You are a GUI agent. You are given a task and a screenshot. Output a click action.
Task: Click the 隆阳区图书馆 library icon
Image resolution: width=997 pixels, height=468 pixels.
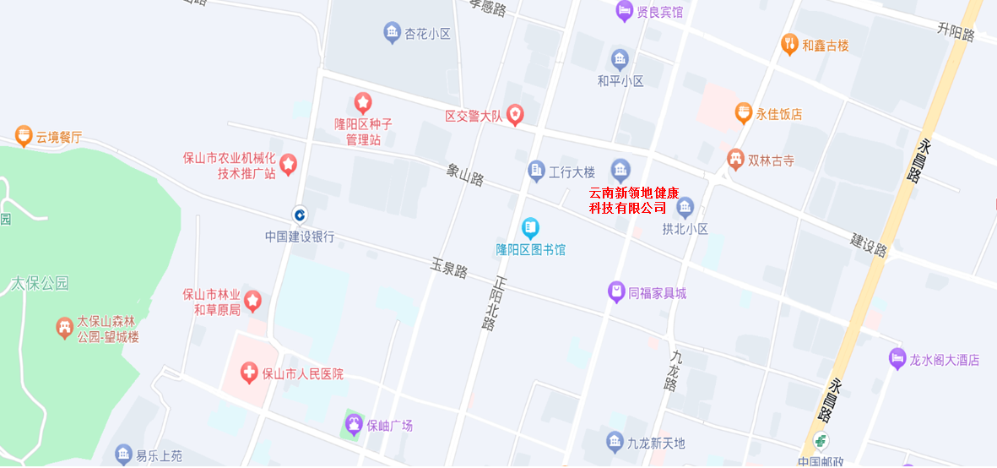coord(530,226)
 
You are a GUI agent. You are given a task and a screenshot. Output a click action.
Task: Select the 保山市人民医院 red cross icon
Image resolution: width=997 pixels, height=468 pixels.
coord(248,372)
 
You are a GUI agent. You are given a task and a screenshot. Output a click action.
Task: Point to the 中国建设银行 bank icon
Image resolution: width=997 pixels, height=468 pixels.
coord(300,213)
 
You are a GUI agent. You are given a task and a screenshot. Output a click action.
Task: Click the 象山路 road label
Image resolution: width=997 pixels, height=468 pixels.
coord(466,175)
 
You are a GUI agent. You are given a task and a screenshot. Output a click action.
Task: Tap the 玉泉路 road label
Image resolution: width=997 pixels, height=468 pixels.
coord(449,269)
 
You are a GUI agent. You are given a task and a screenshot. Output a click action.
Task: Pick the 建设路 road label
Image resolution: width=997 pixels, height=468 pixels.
coord(869,246)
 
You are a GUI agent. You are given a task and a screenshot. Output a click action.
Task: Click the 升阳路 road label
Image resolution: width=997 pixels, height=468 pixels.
coord(956,32)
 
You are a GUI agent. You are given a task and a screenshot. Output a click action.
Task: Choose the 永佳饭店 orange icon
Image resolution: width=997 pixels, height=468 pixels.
coord(743,112)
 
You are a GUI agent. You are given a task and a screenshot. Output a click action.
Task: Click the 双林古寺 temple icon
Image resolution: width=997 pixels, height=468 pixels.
coord(735,158)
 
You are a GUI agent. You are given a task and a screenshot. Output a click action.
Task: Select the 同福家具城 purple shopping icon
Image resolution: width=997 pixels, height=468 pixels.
coord(616,292)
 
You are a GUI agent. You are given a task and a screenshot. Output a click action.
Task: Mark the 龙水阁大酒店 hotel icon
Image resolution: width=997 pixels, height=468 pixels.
coord(897,359)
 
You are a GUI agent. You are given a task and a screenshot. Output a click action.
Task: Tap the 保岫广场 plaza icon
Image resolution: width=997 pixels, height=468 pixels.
coord(354,424)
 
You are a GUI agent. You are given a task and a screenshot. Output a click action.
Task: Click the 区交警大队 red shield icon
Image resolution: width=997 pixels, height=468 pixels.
coord(515,115)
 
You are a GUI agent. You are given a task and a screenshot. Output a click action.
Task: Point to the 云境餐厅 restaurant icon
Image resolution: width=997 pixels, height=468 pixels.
coord(23,135)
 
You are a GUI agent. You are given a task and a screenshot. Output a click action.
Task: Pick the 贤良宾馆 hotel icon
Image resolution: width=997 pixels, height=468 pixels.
coord(625,11)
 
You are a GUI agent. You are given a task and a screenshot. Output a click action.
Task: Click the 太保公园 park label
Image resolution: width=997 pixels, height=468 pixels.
coord(40,283)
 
